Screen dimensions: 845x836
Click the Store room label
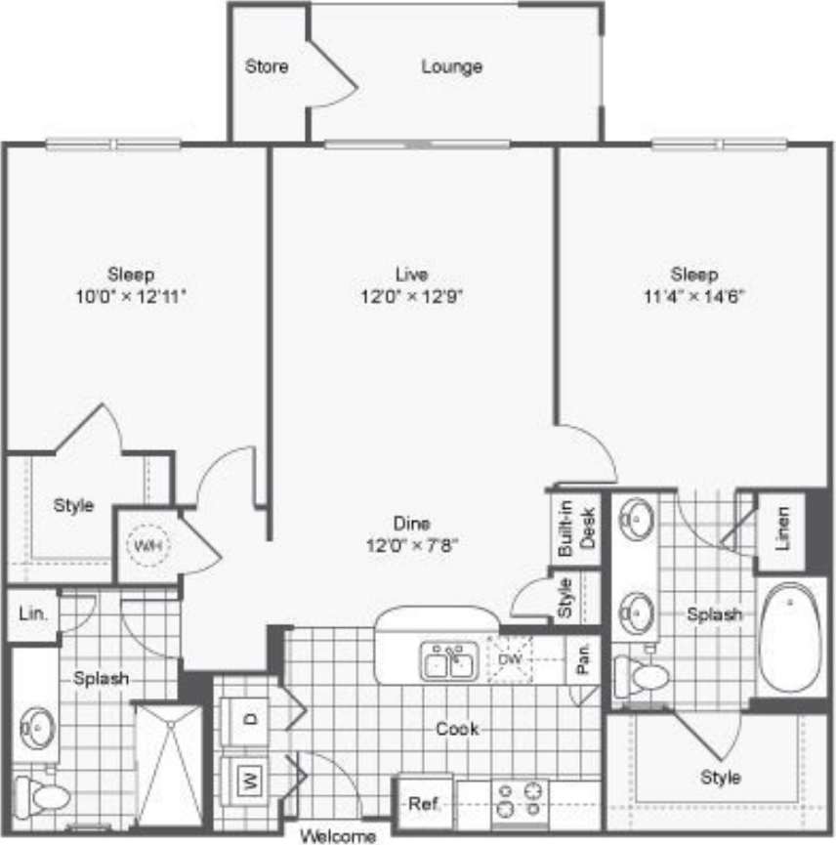click(x=267, y=67)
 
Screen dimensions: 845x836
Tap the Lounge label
click(x=452, y=67)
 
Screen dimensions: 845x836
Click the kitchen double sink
click(x=448, y=662)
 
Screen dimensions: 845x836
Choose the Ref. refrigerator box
click(x=424, y=804)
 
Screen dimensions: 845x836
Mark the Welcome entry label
click(x=338, y=836)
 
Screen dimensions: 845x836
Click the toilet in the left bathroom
click(x=45, y=797)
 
